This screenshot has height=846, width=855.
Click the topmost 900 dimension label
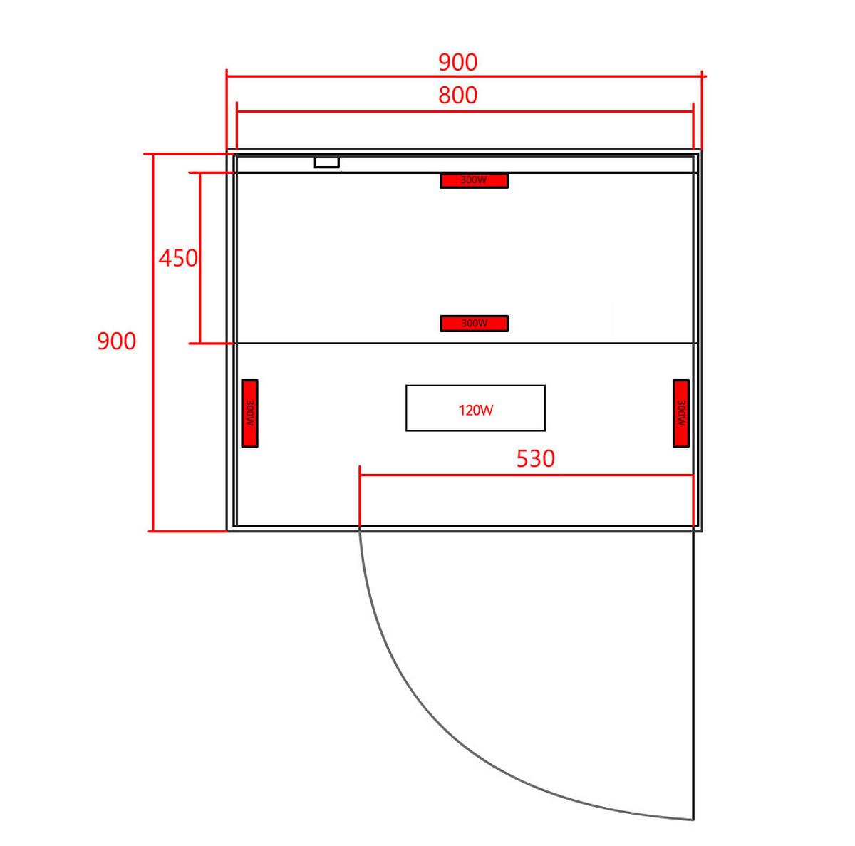[x=457, y=62]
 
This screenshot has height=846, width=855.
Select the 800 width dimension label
[x=457, y=95]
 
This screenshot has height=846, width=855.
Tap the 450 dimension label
[x=178, y=258]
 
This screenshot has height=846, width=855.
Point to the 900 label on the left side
[x=116, y=341]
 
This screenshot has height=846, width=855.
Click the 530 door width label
[x=535, y=458]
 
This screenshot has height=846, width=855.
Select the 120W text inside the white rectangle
[x=476, y=410]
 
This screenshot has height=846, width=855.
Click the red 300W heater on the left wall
[x=249, y=413]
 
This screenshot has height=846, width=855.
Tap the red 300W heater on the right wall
[x=680, y=413]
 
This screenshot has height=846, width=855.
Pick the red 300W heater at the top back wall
[x=474, y=180]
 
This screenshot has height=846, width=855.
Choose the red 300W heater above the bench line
[x=474, y=323]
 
